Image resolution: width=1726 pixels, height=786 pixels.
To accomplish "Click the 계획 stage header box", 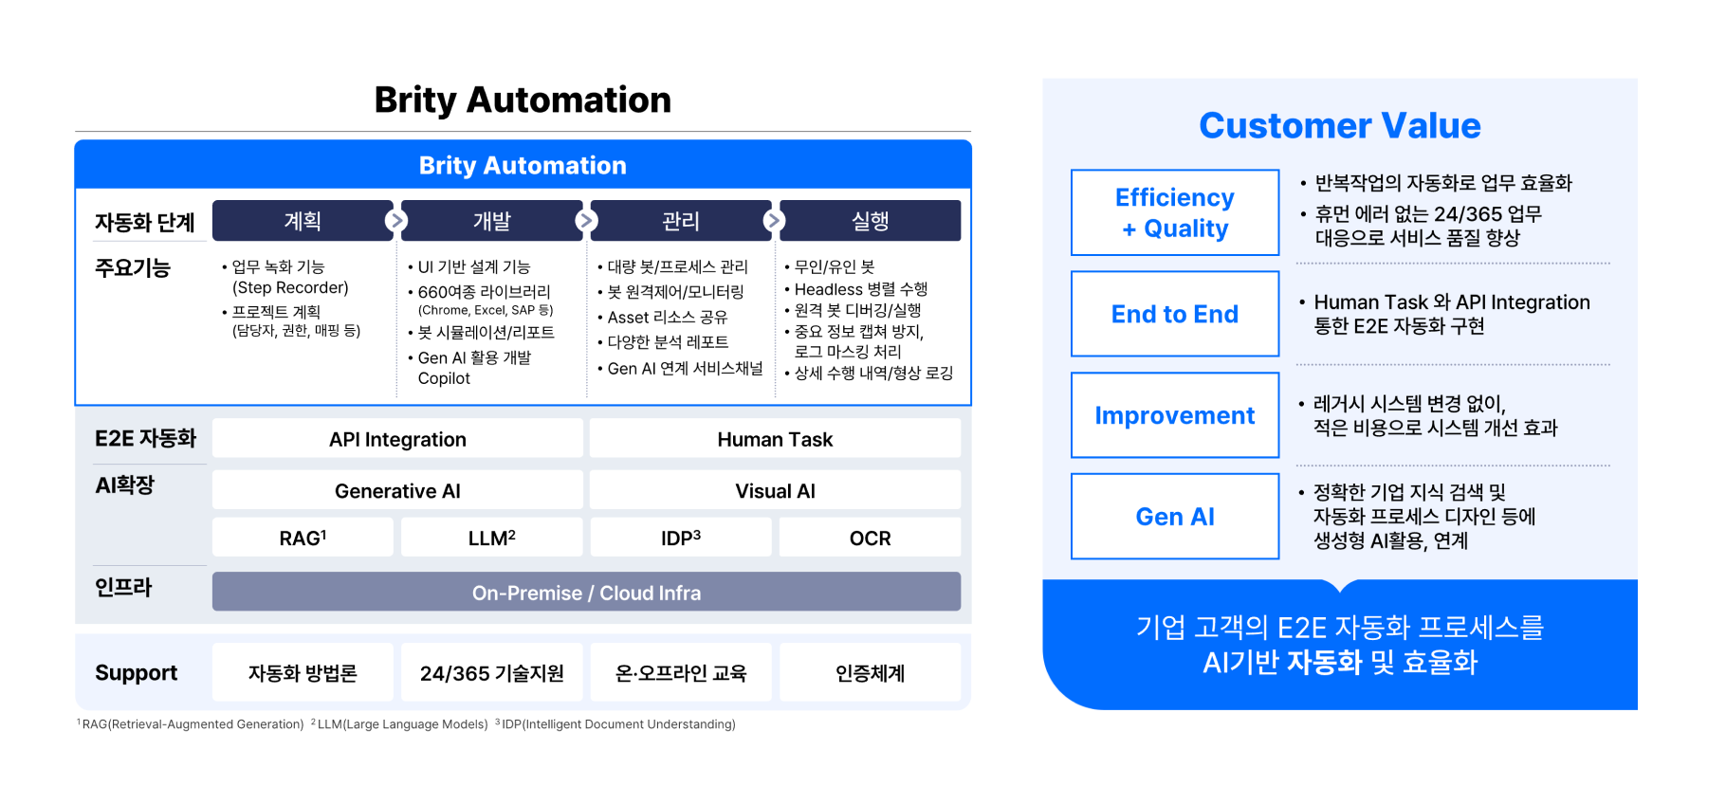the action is pos(302,220).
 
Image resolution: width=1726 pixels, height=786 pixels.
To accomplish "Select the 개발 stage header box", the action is pos(491,220).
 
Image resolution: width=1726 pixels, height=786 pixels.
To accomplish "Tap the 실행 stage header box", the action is pos(870,220).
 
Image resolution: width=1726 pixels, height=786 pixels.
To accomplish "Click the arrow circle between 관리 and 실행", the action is pos(774,221).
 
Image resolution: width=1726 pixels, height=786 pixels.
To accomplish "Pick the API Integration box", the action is pos(397,439).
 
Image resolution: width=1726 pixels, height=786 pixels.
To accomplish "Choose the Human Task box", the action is pos(775,439).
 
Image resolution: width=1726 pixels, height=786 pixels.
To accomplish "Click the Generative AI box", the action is pos(397,490).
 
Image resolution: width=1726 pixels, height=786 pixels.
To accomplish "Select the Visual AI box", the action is pos(775,490).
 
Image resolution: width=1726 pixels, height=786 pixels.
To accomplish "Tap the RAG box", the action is pos(303,538).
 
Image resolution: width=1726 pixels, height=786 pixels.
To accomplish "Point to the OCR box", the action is pos(870,538).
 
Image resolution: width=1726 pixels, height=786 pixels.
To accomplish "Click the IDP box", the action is pos(680,538).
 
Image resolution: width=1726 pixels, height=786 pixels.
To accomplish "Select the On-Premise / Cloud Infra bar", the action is pos(586,592).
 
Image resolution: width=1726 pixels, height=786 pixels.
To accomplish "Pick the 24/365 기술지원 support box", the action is pos(491,672).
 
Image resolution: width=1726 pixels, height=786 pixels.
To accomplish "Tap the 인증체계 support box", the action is pos(870,672).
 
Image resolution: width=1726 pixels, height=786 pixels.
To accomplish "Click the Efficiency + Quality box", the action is pos(1175,212).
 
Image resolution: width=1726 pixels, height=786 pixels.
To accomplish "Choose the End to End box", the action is pos(1175,314).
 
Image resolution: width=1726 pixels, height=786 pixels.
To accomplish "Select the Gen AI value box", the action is pos(1175,516).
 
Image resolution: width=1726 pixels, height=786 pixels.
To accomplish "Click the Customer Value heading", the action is pos(1339,125).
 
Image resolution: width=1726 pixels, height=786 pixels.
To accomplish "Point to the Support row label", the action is pos(136,673).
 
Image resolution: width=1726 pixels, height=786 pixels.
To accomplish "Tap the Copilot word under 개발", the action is pos(444,378).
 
